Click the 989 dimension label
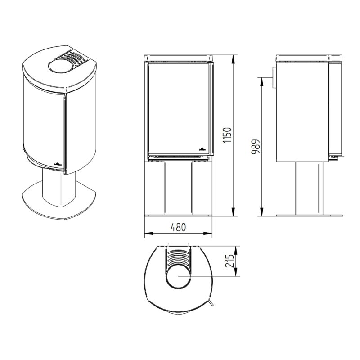coord(256,147)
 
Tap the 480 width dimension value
coord(178,227)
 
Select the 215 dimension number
coord(229,261)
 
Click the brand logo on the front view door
coord(202,149)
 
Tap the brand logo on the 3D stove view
coord(58,164)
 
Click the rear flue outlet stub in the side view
coord(274,77)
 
